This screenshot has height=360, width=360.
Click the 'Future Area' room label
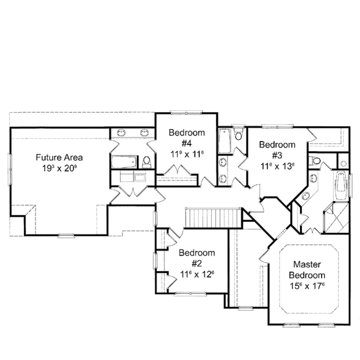(x=59, y=157)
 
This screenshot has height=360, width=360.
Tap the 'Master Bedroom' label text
(x=309, y=269)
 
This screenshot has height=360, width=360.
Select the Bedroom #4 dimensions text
(x=187, y=154)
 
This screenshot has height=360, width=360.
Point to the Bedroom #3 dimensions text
(x=277, y=165)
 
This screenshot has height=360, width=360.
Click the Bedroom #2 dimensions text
(x=196, y=274)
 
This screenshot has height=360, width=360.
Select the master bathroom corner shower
(x=335, y=219)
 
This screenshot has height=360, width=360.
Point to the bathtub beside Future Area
(x=124, y=162)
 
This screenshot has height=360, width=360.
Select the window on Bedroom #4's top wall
(x=179, y=112)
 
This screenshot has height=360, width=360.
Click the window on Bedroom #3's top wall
(x=276, y=126)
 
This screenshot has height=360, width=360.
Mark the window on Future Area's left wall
(x=10, y=164)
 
